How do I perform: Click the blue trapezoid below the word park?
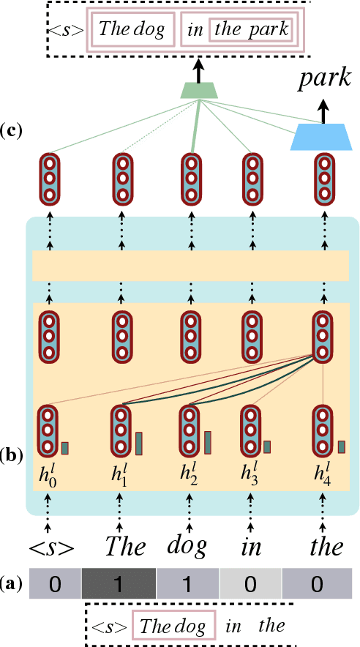(x=320, y=137)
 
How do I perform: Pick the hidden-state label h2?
(x=188, y=474)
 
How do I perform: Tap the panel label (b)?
(x=12, y=455)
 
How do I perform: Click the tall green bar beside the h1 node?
(x=139, y=444)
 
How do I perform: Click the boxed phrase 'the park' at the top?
(x=251, y=31)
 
